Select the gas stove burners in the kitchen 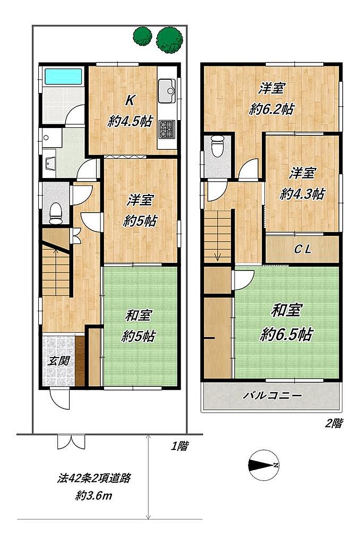pyautogui.click(x=167, y=129)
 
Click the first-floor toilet pyautogui.click(x=56, y=212)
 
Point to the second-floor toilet pyautogui.click(x=218, y=146)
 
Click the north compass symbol pyautogui.click(x=264, y=465)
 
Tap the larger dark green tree pyautogui.click(x=169, y=40)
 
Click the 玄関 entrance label pyautogui.click(x=58, y=361)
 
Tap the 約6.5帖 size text pyautogui.click(x=287, y=334)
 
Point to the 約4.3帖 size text pyautogui.click(x=302, y=193)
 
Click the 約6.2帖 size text pyautogui.click(x=271, y=109)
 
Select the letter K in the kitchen pyautogui.click(x=130, y=100)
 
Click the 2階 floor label pyautogui.click(x=334, y=423)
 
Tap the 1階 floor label pyautogui.click(x=179, y=446)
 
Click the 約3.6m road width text pyautogui.click(x=94, y=496)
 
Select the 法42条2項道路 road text pyautogui.click(x=94, y=478)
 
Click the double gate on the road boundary pyautogui.click(x=71, y=441)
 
